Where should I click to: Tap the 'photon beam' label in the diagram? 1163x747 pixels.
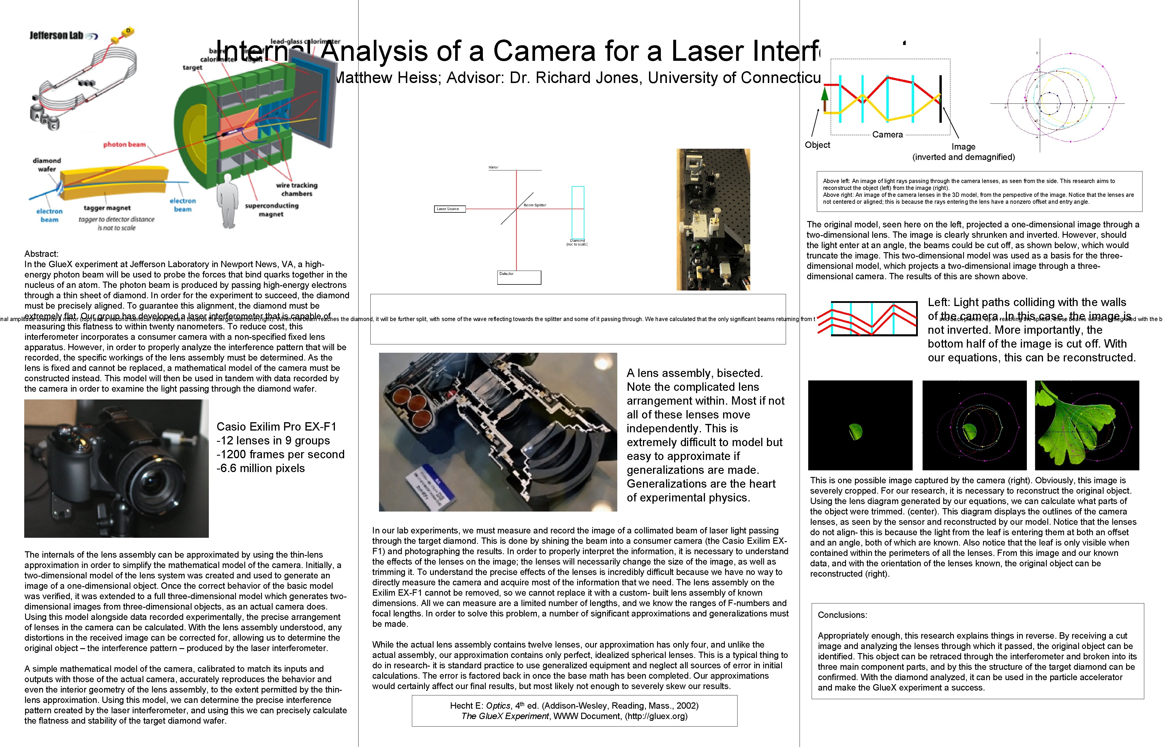coord(124,145)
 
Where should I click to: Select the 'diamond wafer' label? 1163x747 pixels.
coord(47,165)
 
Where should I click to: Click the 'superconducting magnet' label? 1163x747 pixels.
coord(271,210)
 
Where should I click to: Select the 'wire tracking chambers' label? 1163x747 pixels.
coord(297,189)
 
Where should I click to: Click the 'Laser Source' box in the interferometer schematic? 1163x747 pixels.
coord(449,209)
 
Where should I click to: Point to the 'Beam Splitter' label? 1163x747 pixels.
coord(534,205)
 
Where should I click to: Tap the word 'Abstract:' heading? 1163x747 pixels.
coord(41,254)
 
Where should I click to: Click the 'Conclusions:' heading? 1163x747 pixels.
coord(842,615)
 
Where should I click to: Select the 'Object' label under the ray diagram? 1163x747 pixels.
coord(817,145)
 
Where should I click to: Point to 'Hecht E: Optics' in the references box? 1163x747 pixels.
coord(481,706)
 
